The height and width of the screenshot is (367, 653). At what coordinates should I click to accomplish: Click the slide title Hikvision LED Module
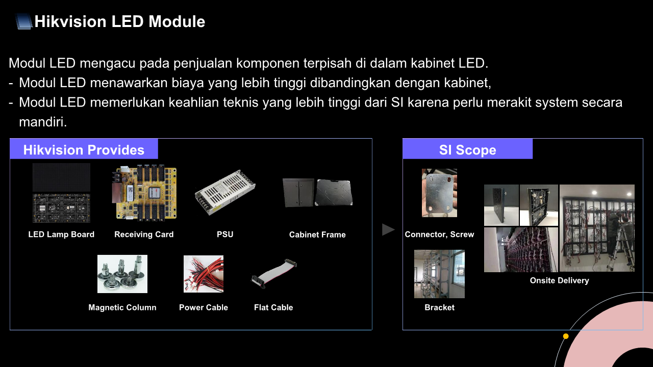pyautogui.click(x=120, y=21)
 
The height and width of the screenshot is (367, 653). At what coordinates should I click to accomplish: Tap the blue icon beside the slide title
pyautogui.click(x=23, y=21)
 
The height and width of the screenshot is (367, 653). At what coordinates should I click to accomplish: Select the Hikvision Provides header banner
pyautogui.click(x=84, y=149)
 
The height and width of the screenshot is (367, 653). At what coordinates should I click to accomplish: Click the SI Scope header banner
pyautogui.click(x=468, y=149)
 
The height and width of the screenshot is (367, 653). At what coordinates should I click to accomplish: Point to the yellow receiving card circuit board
pyautogui.click(x=144, y=193)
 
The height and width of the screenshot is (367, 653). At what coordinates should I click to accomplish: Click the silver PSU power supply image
pyautogui.click(x=225, y=192)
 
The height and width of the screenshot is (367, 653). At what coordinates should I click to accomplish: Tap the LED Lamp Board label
pyautogui.click(x=61, y=234)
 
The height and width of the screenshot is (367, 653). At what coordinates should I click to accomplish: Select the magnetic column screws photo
pyautogui.click(x=122, y=274)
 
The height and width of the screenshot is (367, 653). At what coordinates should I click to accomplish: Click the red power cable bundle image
pyautogui.click(x=204, y=274)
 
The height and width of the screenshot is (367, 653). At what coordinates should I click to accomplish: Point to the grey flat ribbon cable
pyautogui.click(x=274, y=273)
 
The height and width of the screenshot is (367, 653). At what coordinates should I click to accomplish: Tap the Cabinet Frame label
pyautogui.click(x=317, y=235)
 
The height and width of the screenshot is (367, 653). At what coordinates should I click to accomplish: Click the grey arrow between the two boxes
pyautogui.click(x=388, y=229)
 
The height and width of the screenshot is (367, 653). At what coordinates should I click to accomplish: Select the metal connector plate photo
pyautogui.click(x=439, y=193)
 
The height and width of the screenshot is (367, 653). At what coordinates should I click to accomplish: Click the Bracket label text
pyautogui.click(x=439, y=307)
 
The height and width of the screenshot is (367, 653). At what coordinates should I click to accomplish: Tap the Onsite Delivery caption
pyautogui.click(x=560, y=280)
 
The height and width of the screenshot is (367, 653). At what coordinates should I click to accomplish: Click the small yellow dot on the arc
pyautogui.click(x=566, y=336)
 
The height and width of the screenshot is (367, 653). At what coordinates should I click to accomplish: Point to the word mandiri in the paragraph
pyautogui.click(x=43, y=122)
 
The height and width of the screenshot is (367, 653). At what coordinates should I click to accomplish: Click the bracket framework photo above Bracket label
pyautogui.click(x=439, y=274)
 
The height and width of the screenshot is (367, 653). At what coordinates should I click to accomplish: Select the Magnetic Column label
pyautogui.click(x=122, y=307)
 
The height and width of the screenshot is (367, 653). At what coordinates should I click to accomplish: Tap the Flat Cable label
pyautogui.click(x=273, y=307)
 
